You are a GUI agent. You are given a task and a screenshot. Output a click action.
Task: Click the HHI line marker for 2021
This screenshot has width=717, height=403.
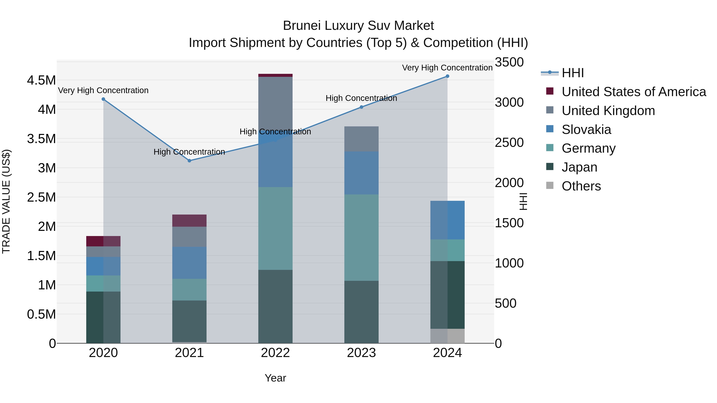click(x=189, y=160)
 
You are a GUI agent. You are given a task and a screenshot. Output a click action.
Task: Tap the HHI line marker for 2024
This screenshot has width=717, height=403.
click(x=447, y=76)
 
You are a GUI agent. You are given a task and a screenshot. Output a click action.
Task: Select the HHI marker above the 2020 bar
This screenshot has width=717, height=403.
click(x=103, y=99)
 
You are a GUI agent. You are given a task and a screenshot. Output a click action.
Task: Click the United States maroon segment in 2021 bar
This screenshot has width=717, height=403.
click(x=189, y=221)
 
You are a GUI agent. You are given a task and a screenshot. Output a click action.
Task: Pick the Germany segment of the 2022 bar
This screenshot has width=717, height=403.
click(x=275, y=228)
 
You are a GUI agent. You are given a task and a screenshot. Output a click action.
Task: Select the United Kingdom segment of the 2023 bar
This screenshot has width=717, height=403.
click(x=361, y=139)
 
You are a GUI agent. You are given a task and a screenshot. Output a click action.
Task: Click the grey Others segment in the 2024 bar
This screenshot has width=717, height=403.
click(x=447, y=336)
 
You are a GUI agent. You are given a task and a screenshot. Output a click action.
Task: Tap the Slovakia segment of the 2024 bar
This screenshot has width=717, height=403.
click(x=447, y=220)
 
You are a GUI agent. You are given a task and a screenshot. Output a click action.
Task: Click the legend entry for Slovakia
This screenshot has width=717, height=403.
click(x=586, y=130)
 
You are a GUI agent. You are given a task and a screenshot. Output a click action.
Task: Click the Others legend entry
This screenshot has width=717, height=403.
click(x=581, y=186)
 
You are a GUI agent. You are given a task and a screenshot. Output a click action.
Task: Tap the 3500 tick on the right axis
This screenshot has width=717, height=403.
click(x=509, y=62)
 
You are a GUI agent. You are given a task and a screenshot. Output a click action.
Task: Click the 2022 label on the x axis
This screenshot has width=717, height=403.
click(x=275, y=353)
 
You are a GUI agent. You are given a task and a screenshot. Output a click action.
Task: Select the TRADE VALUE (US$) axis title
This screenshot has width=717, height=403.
click(x=6, y=201)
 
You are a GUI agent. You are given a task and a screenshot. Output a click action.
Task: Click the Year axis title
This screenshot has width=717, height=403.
click(x=275, y=378)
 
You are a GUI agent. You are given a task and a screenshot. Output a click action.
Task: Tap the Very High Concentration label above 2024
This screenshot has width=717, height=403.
click(x=447, y=68)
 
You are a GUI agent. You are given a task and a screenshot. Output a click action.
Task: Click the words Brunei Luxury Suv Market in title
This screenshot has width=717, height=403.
click(x=358, y=26)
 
